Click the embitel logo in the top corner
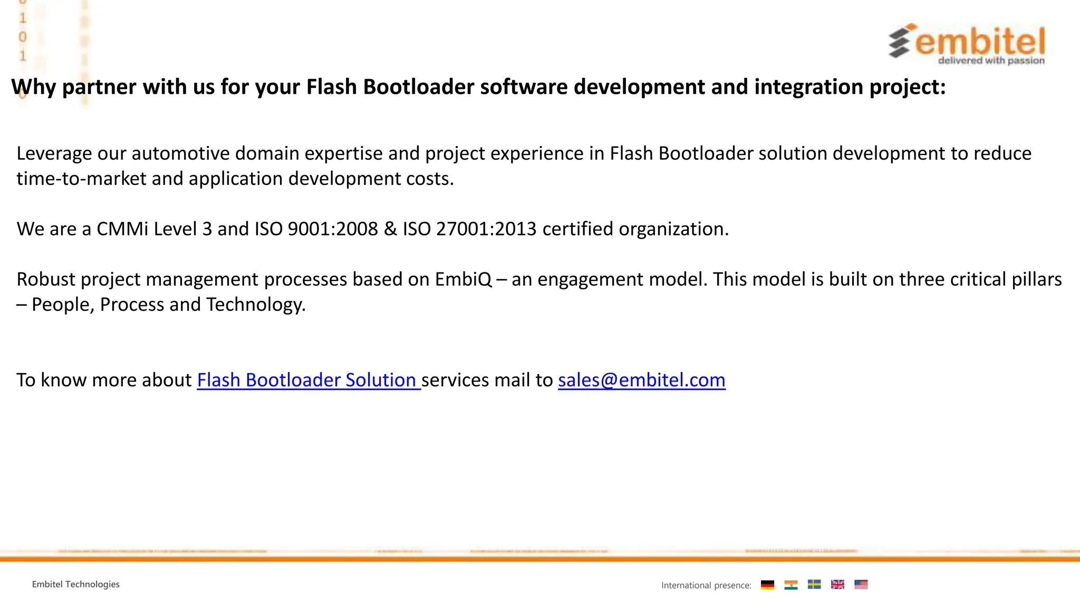pos(967,44)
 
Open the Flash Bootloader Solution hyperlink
pos(308,380)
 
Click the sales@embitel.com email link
pos(641,380)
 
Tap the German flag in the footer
pos(767,584)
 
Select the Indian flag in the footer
pos(790,584)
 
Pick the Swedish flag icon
pos(814,584)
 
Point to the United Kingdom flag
pos(837,584)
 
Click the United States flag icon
pos(861,584)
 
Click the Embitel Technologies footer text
pos(76,584)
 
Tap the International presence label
pos(706,585)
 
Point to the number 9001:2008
pos(333,229)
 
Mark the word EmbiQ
pos(464,279)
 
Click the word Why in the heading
pos(33,87)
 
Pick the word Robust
pos(46,279)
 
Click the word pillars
pos(1036,279)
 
